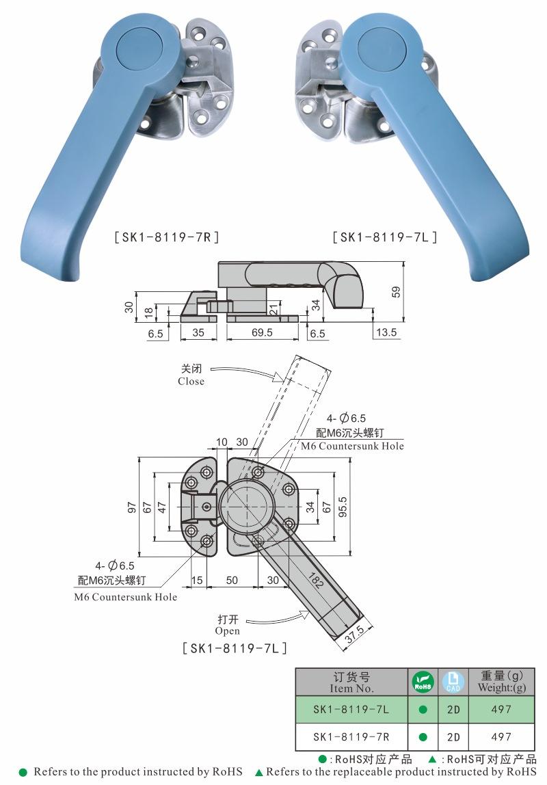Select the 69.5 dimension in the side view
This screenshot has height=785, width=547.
[x=262, y=332]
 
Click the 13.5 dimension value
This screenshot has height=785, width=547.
[x=386, y=332]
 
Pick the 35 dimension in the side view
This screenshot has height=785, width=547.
[x=198, y=332]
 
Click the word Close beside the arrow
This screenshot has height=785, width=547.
[x=191, y=382]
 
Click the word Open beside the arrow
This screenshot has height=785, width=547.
[x=227, y=631]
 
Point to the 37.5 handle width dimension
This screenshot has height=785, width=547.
[x=354, y=635]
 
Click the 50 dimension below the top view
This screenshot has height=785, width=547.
[x=232, y=580]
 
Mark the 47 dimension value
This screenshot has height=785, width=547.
[x=161, y=507]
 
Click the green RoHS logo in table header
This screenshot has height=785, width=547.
[x=423, y=682]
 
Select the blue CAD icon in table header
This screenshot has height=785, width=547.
[x=453, y=682]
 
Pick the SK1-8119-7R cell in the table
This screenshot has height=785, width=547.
[x=351, y=737]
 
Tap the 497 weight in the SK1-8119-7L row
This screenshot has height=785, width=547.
[x=501, y=710]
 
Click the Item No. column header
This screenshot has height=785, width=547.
[x=351, y=682]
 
